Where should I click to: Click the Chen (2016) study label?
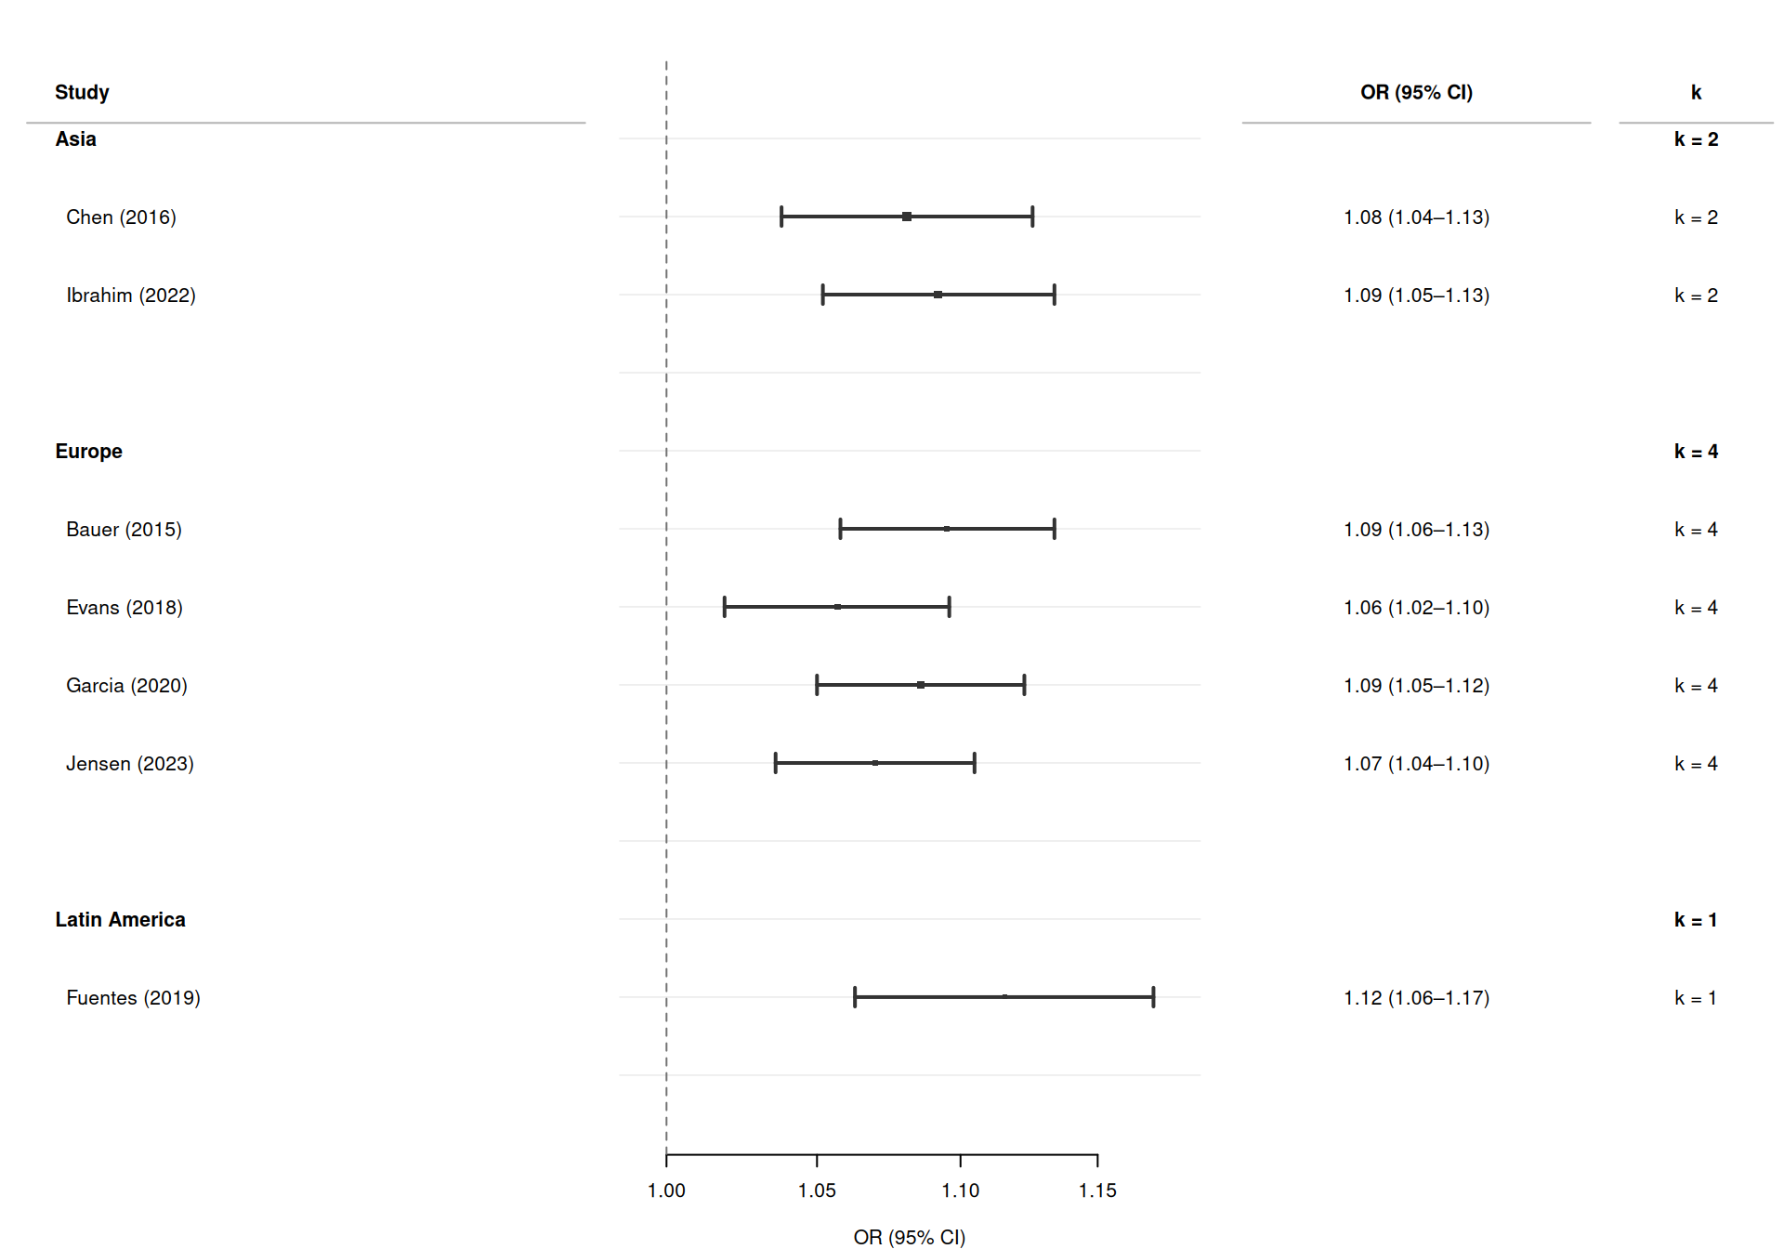(121, 217)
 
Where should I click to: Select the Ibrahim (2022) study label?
(131, 296)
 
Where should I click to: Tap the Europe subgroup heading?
(88, 452)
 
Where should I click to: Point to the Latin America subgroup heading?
(120, 920)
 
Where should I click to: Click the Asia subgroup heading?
(75, 139)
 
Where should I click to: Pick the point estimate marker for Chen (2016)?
(907, 217)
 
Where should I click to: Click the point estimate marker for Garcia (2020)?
(921, 685)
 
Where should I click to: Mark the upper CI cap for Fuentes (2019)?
(1153, 997)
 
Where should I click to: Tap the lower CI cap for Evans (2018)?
(725, 607)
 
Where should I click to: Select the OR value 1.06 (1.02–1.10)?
(1416, 608)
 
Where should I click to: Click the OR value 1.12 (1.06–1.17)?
(1416, 998)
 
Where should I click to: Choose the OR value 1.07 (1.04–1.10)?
(1416, 764)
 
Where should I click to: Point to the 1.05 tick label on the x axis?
(817, 1190)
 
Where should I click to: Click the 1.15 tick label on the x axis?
(1097, 1190)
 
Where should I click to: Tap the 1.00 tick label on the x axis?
(666, 1190)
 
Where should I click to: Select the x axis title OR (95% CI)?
(909, 1237)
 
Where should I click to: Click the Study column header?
(82, 92)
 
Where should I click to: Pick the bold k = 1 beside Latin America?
(1696, 920)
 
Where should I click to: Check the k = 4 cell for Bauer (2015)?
(1696, 530)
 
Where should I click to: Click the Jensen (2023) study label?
(130, 764)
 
